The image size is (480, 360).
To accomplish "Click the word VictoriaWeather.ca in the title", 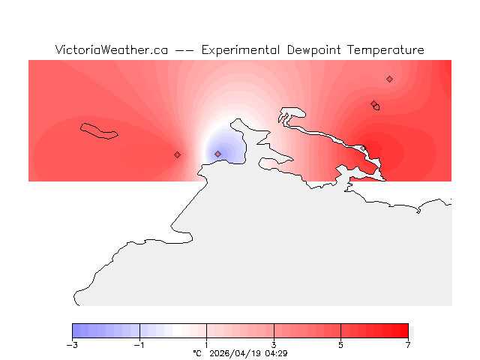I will [x=111, y=50].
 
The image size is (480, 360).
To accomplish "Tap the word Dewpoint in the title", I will [x=315, y=50].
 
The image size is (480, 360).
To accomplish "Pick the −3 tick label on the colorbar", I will [x=72, y=345].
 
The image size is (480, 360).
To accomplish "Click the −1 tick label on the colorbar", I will [x=139, y=345].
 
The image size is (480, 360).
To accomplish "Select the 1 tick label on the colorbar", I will [x=206, y=345].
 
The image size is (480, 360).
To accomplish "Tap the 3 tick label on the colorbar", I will [x=274, y=345].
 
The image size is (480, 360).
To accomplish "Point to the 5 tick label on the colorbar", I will [x=340, y=345].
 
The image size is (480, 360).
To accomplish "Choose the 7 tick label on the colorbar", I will [x=408, y=345].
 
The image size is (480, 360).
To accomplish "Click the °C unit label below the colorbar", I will [x=197, y=353].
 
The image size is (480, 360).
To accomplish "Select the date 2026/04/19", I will [x=235, y=353].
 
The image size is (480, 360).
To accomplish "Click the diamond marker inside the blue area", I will [x=217, y=154].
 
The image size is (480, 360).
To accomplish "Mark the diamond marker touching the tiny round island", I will [x=373, y=104].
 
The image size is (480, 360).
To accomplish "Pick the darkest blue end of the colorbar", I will [x=75, y=331].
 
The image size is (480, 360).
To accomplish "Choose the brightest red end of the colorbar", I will [x=405, y=331].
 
